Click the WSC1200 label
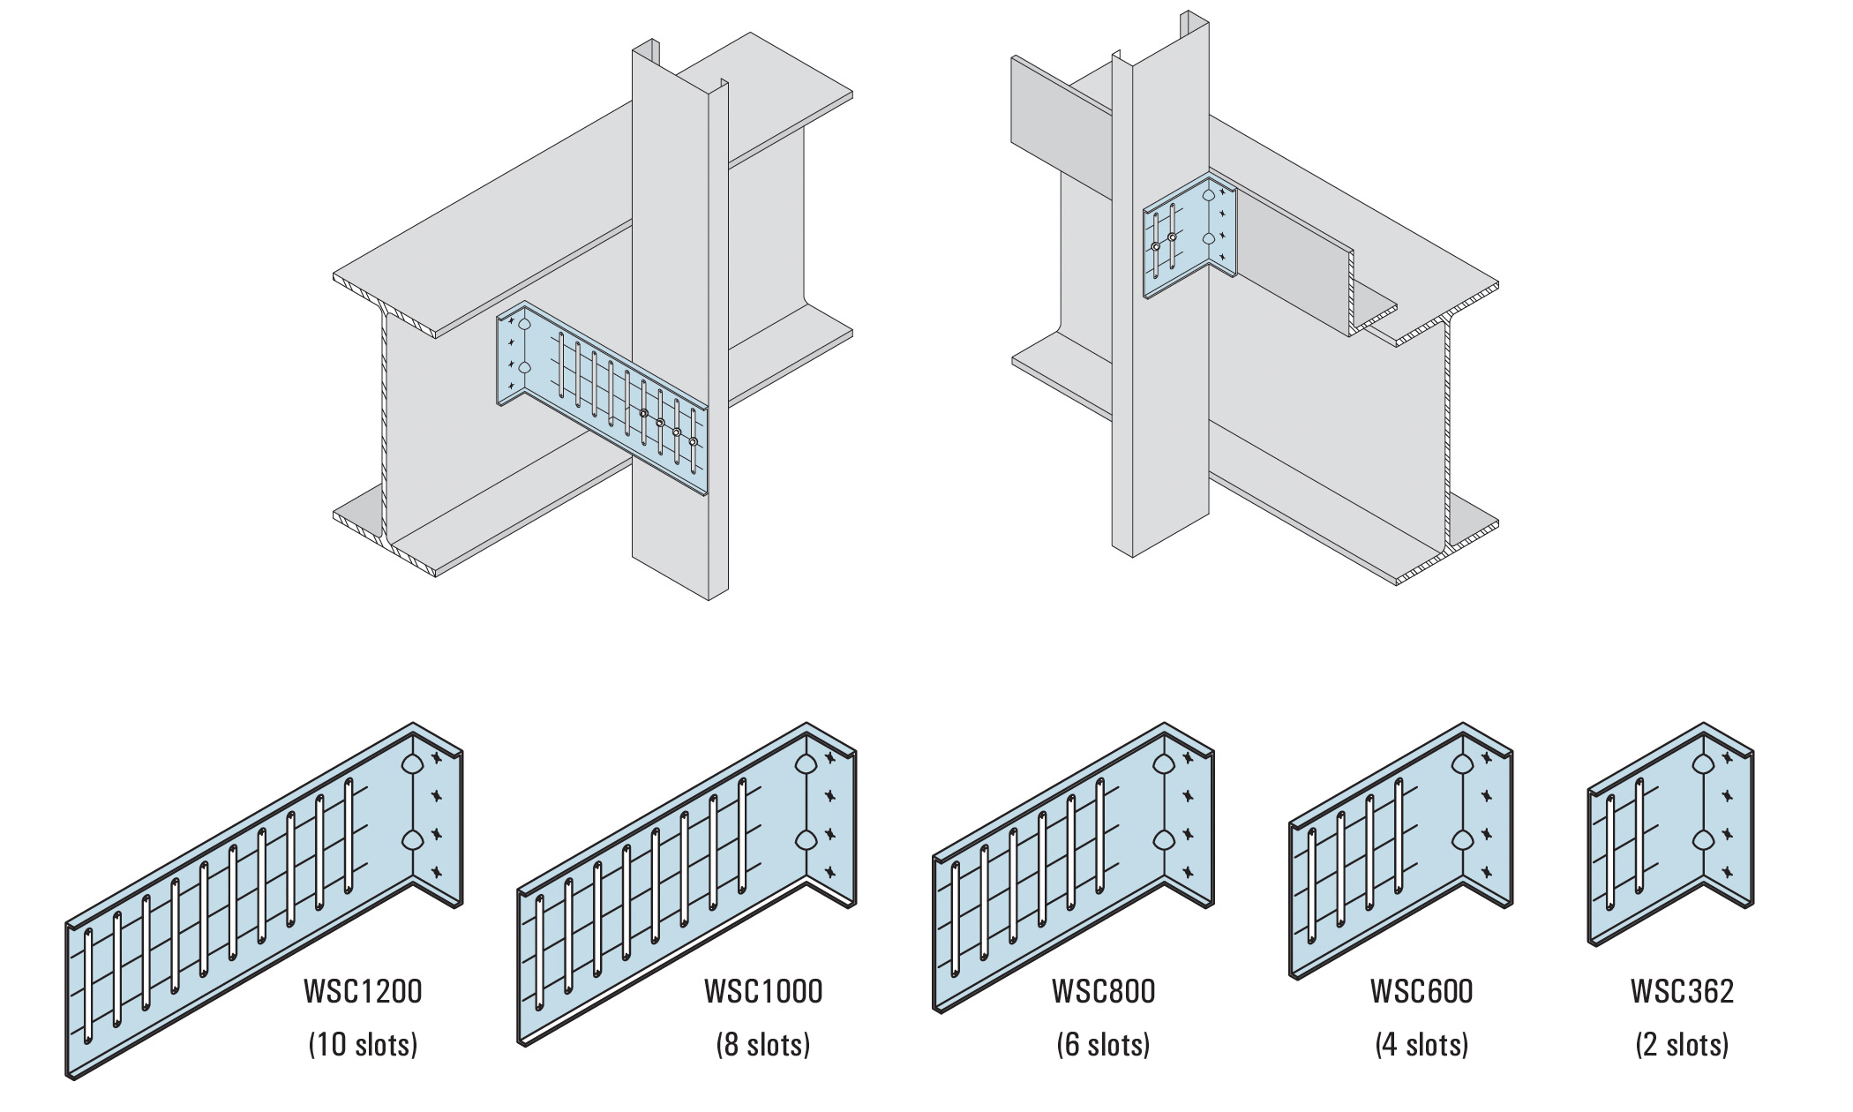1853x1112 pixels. tap(363, 991)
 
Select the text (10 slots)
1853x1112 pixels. tap(363, 1045)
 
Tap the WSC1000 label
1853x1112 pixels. tap(763, 991)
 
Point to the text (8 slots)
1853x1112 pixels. tap(763, 1045)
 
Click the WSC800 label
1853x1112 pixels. tap(1103, 991)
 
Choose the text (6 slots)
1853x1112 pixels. tap(1103, 1045)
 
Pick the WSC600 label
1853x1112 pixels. tap(1422, 991)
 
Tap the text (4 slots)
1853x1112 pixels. tap(1422, 1045)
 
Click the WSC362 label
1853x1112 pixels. tap(1682, 991)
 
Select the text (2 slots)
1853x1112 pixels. tap(1682, 1045)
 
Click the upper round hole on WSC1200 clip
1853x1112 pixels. tap(412, 765)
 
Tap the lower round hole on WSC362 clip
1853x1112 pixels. tap(1702, 838)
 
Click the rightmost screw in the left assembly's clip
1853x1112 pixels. tap(693, 441)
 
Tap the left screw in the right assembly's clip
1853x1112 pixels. tap(1155, 247)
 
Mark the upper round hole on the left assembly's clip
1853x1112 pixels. tap(524, 325)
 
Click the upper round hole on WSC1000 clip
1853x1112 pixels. tap(805, 765)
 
